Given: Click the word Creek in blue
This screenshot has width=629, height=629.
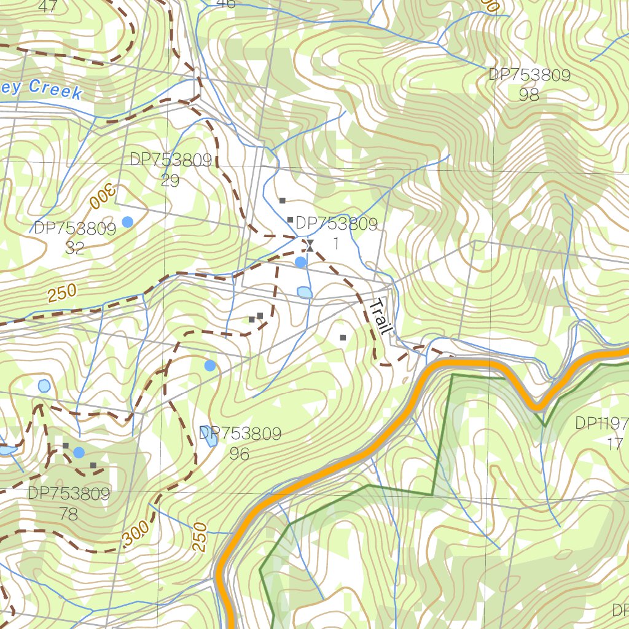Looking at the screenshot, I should [55, 89].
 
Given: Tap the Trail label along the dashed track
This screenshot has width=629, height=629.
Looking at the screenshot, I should [380, 317].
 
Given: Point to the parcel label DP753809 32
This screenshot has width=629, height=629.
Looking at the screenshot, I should [74, 238].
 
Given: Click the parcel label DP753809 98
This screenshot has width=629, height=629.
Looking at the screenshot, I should [529, 85].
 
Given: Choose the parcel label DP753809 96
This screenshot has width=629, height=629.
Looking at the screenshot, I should [240, 443].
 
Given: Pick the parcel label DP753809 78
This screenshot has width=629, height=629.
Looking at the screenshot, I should [69, 504].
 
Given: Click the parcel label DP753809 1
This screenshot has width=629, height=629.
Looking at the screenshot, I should [336, 233].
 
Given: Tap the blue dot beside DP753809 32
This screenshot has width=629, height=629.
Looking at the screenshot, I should [127, 222].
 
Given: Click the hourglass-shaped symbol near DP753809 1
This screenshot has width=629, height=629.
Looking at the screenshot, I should [310, 246].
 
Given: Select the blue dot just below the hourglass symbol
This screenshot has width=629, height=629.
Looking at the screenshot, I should [300, 262].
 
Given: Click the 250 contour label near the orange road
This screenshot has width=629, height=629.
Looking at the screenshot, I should [200, 536].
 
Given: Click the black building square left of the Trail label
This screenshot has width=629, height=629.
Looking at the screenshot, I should [343, 337].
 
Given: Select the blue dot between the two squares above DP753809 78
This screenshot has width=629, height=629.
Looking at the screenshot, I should [79, 453].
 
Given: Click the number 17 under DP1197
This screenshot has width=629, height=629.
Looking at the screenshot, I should [614, 444].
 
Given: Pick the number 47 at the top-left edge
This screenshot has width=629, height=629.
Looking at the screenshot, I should [48, 7].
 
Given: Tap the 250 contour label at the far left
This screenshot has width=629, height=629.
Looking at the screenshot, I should [62, 294].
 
